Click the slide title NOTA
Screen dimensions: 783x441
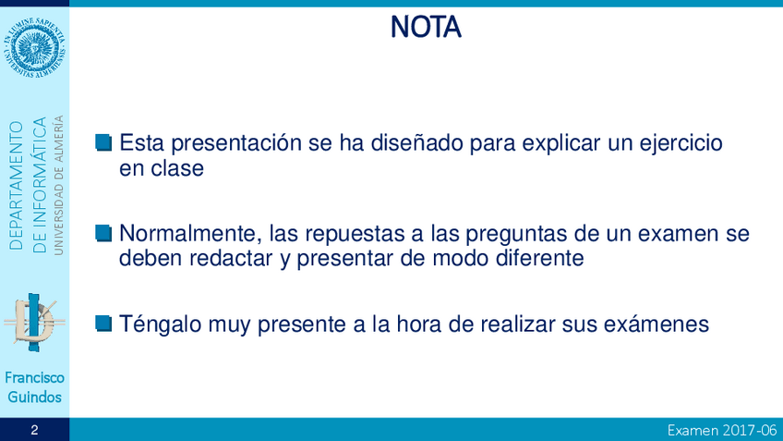426,27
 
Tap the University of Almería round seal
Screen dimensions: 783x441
34,47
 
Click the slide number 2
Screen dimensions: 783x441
34,430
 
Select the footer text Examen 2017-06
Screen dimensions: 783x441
722,430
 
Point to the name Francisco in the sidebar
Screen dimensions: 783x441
34,377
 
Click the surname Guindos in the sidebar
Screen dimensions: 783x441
34,397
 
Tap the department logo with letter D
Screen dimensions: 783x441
34,323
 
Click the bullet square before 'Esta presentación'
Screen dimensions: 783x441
103,142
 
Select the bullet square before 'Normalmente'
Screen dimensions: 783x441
103,233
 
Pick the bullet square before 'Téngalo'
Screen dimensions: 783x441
103,324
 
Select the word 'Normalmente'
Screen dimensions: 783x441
191,234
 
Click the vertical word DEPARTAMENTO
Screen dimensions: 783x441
16,185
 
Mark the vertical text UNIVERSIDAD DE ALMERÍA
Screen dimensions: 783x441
59,185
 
